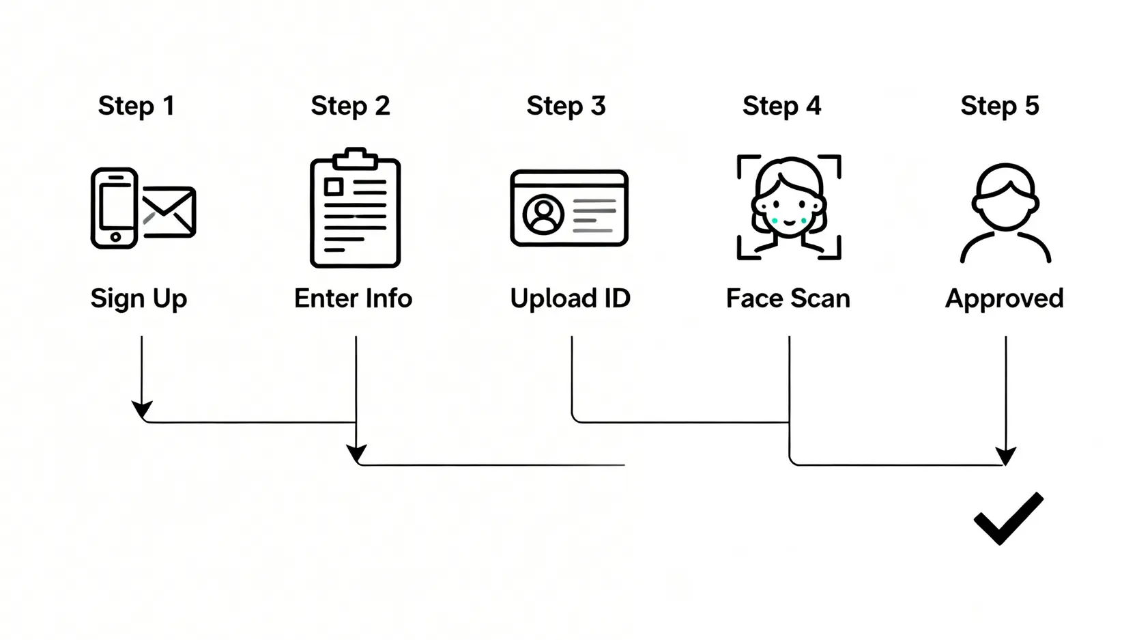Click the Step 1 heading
click(x=136, y=106)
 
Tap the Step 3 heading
click(x=566, y=106)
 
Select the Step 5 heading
click(x=999, y=106)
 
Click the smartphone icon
click(x=115, y=208)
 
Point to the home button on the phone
click(x=116, y=237)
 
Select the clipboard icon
click(x=356, y=207)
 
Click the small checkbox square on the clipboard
click(x=334, y=187)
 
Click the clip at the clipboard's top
click(x=356, y=158)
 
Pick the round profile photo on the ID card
click(x=543, y=214)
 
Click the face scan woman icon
click(x=789, y=207)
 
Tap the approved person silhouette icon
click(x=1005, y=213)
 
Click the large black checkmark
click(x=1009, y=518)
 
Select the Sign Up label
click(x=139, y=299)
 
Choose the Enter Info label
click(x=354, y=298)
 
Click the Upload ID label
click(x=570, y=299)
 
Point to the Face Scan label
click(x=788, y=298)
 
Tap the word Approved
click(x=1004, y=299)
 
